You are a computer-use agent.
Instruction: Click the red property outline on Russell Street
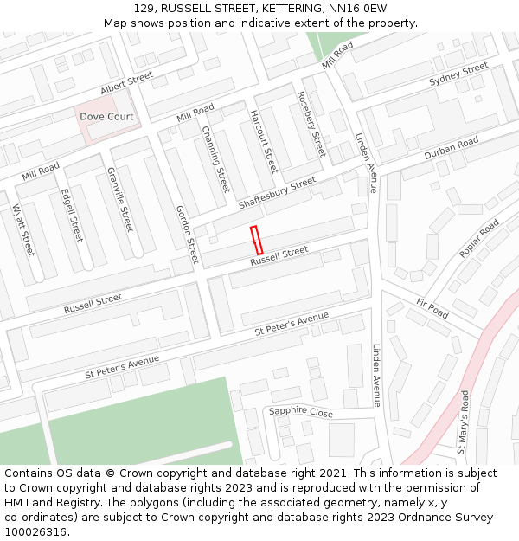tap(256, 240)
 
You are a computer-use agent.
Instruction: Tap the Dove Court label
tap(107, 116)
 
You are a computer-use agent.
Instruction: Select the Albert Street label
tap(126, 84)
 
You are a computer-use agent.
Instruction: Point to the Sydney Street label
tap(458, 74)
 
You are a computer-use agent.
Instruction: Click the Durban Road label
tap(451, 149)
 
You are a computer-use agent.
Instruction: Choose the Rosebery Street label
tap(311, 124)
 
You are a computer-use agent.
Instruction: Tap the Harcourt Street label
tap(263, 142)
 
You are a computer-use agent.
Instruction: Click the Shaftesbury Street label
tap(277, 194)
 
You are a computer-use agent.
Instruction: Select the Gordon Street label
tap(187, 235)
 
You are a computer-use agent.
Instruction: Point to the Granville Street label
tap(120, 199)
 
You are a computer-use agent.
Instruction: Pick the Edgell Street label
tap(72, 216)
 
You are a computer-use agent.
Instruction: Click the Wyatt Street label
tap(22, 230)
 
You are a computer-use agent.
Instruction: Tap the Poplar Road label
tap(479, 238)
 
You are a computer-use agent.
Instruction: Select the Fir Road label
tap(432, 308)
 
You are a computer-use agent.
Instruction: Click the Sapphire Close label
tap(300, 412)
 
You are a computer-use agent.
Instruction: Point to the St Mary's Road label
tap(464, 422)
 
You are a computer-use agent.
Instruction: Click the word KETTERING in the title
tap(287, 8)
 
